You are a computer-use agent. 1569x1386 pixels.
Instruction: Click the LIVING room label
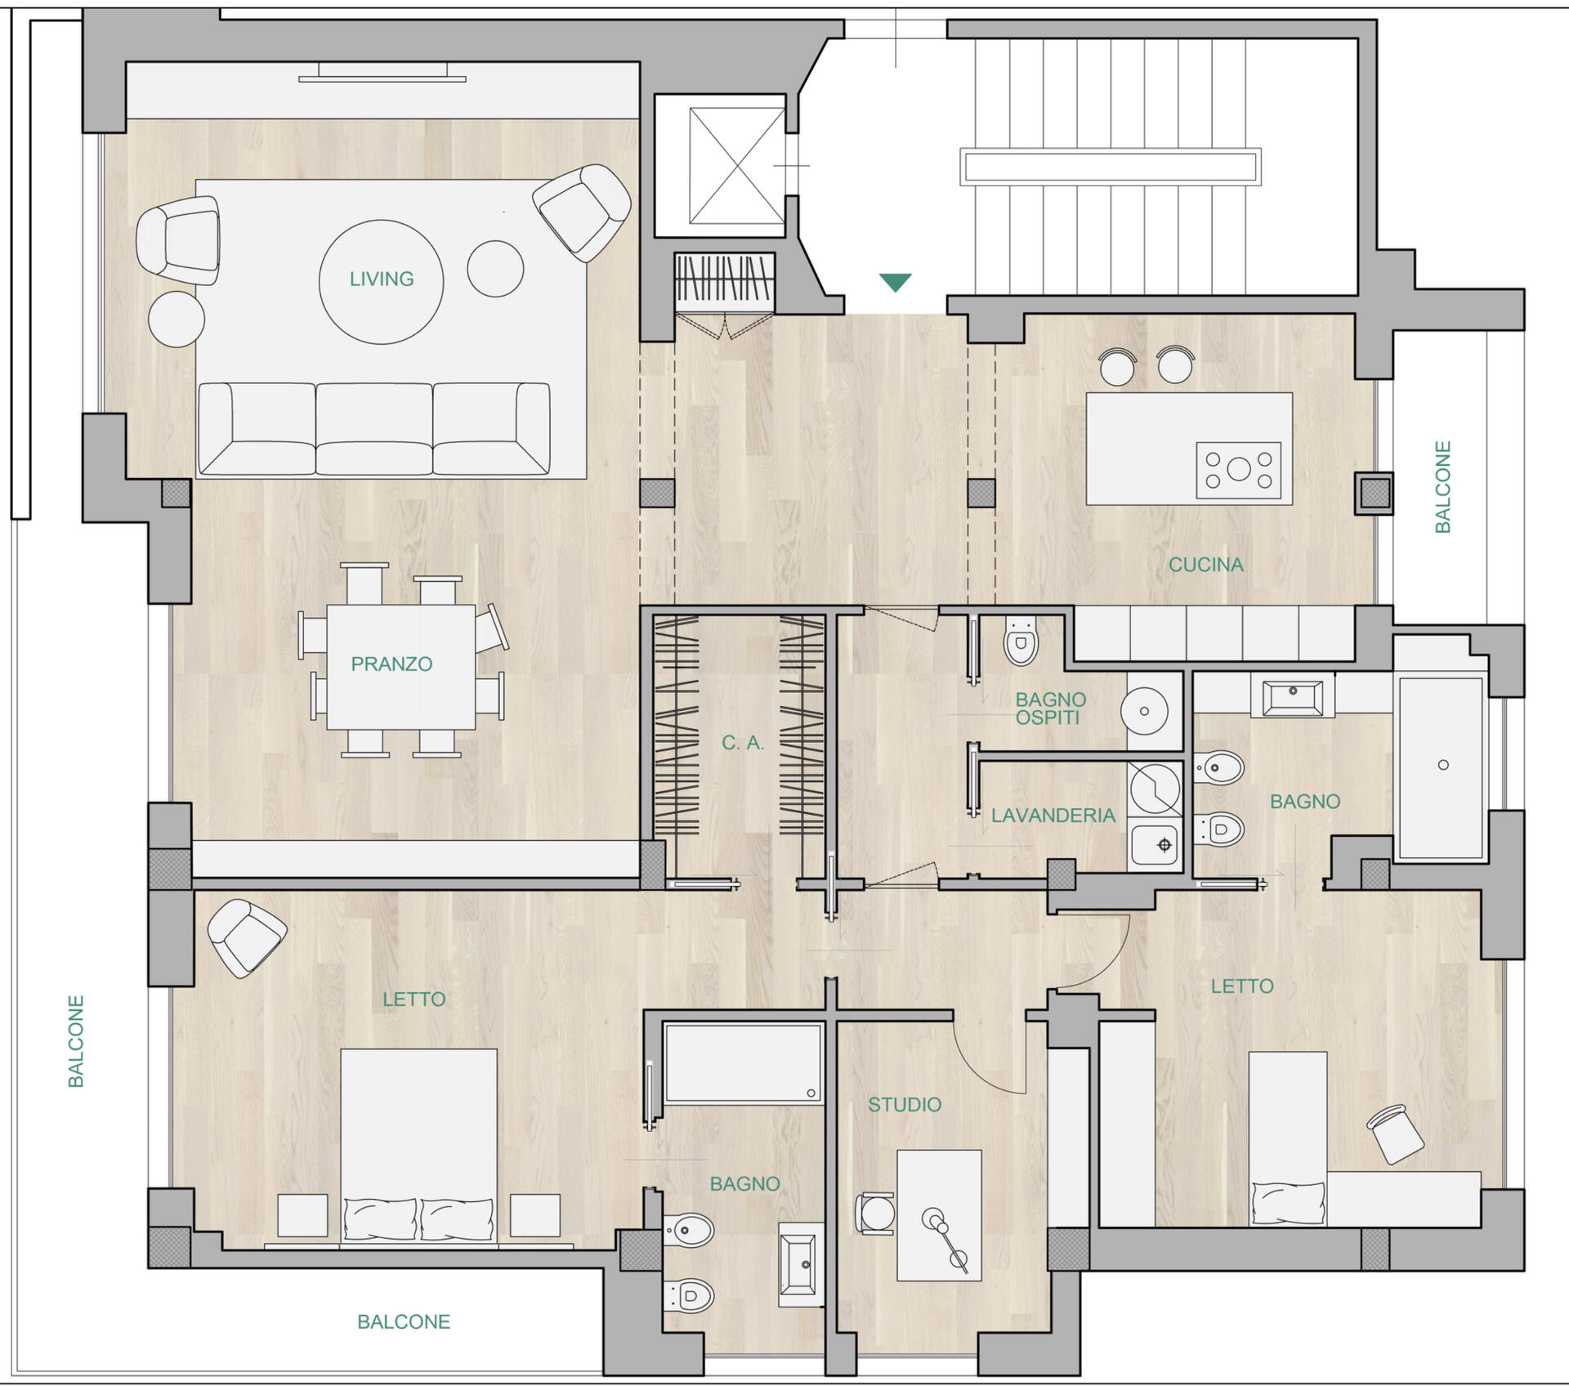[382, 279]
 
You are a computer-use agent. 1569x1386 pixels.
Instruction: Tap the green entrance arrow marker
[896, 282]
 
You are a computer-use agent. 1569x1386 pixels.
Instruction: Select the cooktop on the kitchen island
[1238, 470]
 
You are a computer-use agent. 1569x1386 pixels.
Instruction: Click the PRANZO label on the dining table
[391, 664]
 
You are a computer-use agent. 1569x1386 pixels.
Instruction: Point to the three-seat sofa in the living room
[374, 428]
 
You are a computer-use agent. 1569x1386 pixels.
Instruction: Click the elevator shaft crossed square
[736, 165]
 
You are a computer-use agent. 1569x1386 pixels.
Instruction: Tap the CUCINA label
[1205, 565]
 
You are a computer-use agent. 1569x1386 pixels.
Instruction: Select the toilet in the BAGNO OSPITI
[1020, 641]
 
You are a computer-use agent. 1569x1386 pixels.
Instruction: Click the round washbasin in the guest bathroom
[1144, 711]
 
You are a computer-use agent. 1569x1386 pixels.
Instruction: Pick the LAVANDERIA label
[1053, 816]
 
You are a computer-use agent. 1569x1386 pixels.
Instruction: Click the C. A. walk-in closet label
[742, 743]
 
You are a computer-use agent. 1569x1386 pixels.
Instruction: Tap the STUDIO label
[905, 1105]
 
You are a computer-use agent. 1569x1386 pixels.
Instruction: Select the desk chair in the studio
[874, 1213]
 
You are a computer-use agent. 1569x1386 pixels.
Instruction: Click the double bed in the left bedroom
[418, 1147]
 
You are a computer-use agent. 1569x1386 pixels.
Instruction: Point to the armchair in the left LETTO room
[247, 938]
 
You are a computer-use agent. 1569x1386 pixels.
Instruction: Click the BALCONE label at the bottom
[404, 1322]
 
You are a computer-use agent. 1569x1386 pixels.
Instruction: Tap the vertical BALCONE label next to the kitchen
[1443, 487]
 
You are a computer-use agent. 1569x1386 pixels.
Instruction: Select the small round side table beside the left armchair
[177, 320]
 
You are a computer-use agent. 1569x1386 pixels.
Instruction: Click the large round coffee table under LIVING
[381, 282]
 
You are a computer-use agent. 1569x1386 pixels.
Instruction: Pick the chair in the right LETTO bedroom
[1396, 1133]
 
